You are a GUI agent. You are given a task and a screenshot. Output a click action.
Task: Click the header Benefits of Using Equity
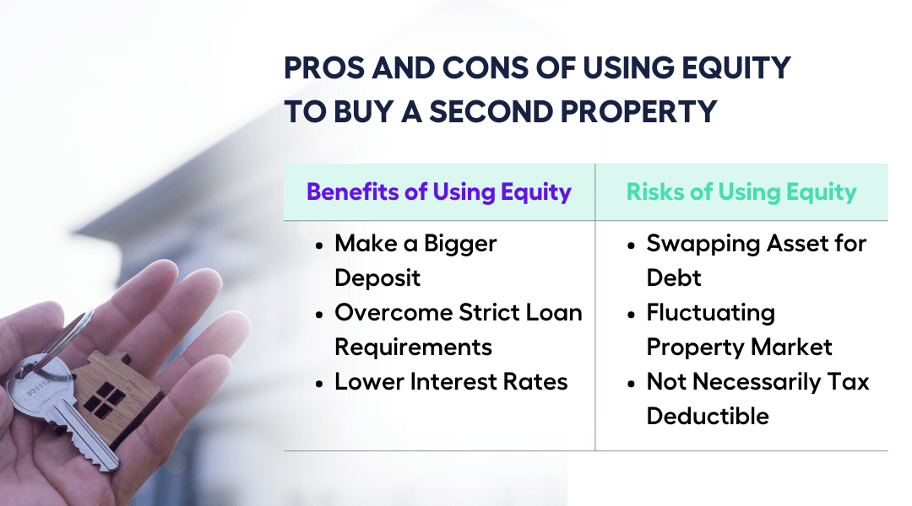pos(438,191)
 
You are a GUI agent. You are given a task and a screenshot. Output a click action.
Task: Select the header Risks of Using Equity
pos(741,191)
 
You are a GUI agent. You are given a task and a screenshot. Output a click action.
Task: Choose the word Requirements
pos(413,347)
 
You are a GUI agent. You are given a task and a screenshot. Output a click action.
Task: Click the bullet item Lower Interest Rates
pos(451,381)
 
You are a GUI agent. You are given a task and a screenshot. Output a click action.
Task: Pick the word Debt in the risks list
pos(674,277)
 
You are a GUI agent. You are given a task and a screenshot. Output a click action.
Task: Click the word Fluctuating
pos(710,312)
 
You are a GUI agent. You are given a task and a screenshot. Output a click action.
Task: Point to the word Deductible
pos(708,416)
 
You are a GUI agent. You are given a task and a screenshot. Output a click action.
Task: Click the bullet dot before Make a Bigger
pos(318,245)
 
